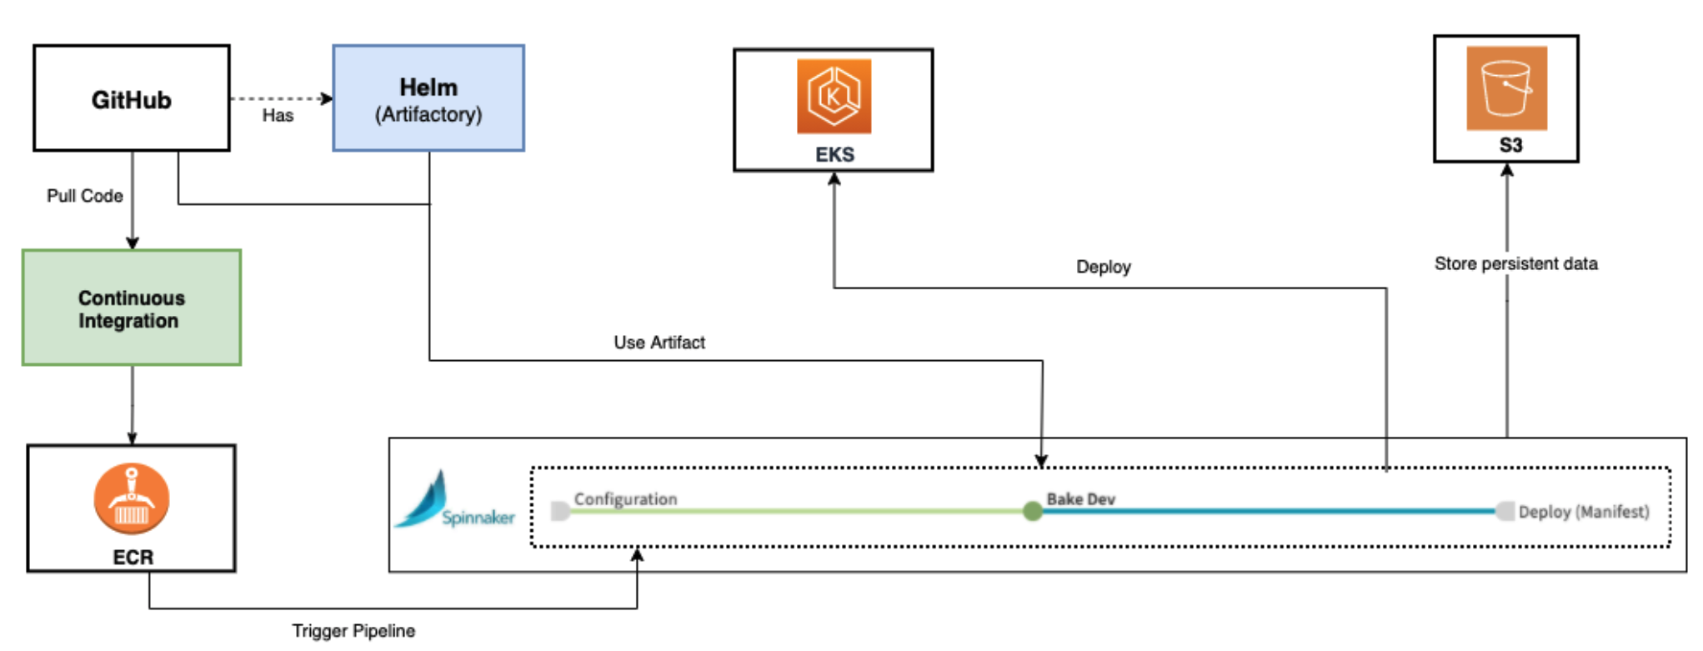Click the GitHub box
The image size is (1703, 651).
coord(131,98)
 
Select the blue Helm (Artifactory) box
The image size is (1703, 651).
coord(428,98)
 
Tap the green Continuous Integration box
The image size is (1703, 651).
coord(131,308)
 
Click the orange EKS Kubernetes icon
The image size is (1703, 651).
coord(834,96)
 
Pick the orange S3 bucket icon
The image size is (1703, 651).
coord(1506,88)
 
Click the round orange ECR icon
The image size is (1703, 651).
coord(132,498)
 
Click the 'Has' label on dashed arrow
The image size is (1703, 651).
coord(278,116)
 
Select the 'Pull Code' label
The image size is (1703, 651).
coord(84,196)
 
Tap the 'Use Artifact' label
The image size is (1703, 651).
coord(659,343)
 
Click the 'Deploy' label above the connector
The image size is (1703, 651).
coord(1103,267)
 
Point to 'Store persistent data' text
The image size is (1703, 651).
coord(1515,264)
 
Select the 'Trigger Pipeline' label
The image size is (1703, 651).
coord(353,631)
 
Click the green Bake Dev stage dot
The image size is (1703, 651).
coord(1032,511)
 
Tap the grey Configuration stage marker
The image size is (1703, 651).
coord(560,511)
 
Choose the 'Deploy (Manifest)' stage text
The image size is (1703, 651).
coord(1583,512)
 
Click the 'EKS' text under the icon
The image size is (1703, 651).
coord(834,155)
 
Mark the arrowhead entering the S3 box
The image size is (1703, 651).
coord(1506,170)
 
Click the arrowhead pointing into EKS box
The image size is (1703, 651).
coord(834,179)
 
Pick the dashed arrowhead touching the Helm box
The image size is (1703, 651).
coord(327,98)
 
